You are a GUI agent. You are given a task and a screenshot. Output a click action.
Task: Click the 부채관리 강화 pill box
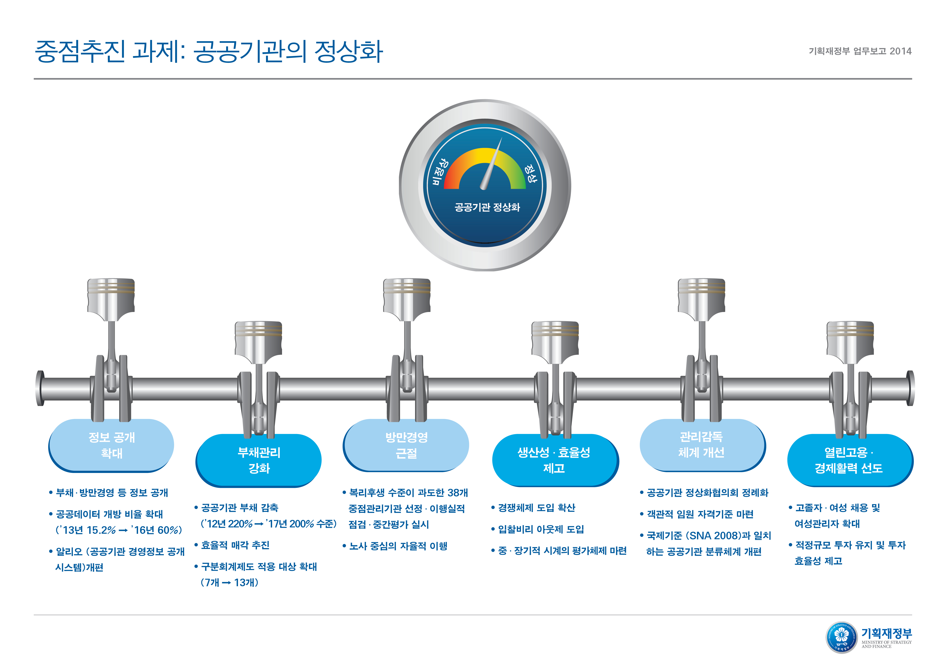(x=259, y=460)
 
